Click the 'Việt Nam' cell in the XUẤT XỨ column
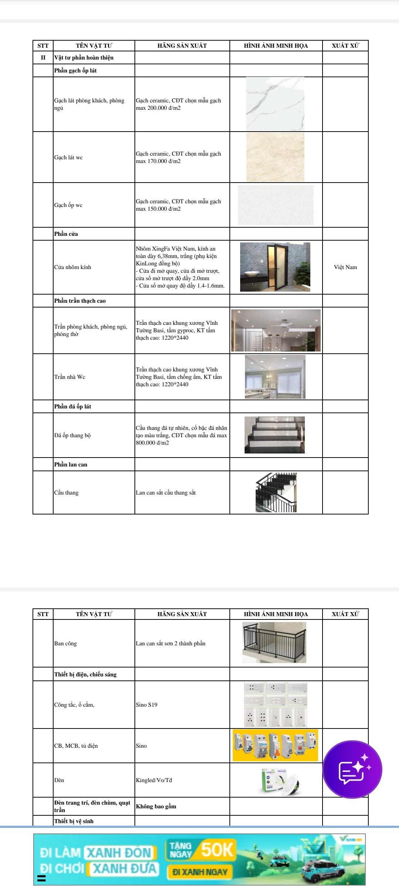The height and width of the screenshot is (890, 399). [345, 267]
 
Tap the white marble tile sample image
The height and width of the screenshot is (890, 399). [275, 104]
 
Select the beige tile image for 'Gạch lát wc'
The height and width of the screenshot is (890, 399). [275, 157]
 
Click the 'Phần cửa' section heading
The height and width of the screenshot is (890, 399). [66, 234]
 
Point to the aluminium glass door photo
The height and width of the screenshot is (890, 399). [275, 267]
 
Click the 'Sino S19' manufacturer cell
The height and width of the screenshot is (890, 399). [147, 704]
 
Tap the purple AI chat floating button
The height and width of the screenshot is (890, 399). [352, 770]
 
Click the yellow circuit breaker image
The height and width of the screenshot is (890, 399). [275, 745]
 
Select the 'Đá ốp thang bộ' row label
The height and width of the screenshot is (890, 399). [72, 435]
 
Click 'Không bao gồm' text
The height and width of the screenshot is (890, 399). [156, 806]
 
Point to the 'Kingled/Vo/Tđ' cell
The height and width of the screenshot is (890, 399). [154, 780]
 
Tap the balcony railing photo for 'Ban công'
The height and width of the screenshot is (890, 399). [274, 643]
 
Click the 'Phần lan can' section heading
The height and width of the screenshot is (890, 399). [71, 465]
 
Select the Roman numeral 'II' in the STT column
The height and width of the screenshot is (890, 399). [43, 58]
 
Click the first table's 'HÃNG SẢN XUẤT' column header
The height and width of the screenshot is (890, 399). [182, 46]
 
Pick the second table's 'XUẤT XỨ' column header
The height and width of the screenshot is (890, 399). [345, 614]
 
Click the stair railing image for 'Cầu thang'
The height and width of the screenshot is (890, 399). [276, 492]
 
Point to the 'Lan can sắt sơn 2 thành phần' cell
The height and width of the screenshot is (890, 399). [171, 643]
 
